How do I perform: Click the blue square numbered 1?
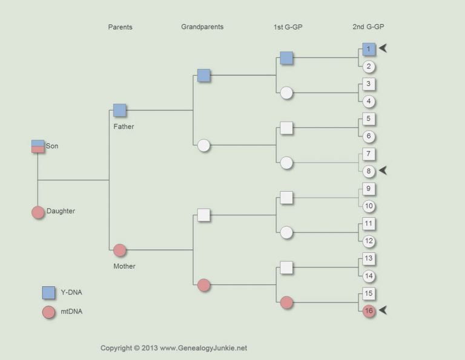click(x=369, y=49)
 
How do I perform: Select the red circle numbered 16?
click(x=369, y=311)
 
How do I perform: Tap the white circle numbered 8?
click(x=369, y=171)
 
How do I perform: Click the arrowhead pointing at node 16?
click(x=383, y=310)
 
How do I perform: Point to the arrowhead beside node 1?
click(x=383, y=48)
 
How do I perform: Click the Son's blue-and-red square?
click(x=38, y=146)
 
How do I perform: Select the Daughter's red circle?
click(x=38, y=212)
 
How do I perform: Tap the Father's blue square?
click(x=120, y=110)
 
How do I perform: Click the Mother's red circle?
click(x=120, y=250)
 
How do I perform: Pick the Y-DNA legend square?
click(x=48, y=293)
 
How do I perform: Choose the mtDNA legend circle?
click(x=48, y=312)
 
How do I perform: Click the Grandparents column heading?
click(x=202, y=27)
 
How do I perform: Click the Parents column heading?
click(x=120, y=27)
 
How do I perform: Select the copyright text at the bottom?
click(x=174, y=348)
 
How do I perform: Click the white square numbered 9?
click(x=369, y=189)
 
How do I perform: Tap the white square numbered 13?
click(x=369, y=259)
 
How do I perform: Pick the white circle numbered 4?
click(x=369, y=101)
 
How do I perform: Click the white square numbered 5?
click(x=369, y=119)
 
